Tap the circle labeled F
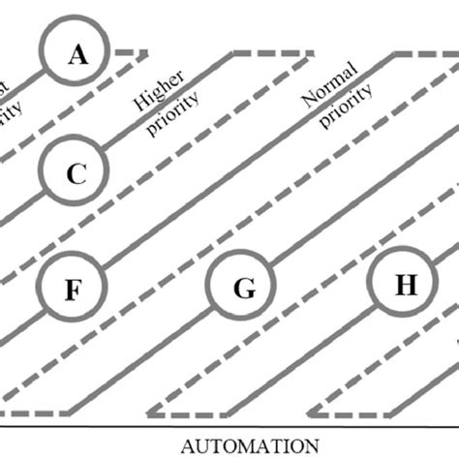pos(73,288)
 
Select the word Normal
pos(322,95)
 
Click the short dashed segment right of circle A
pos(131,51)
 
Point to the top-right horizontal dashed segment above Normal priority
pos(427,53)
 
